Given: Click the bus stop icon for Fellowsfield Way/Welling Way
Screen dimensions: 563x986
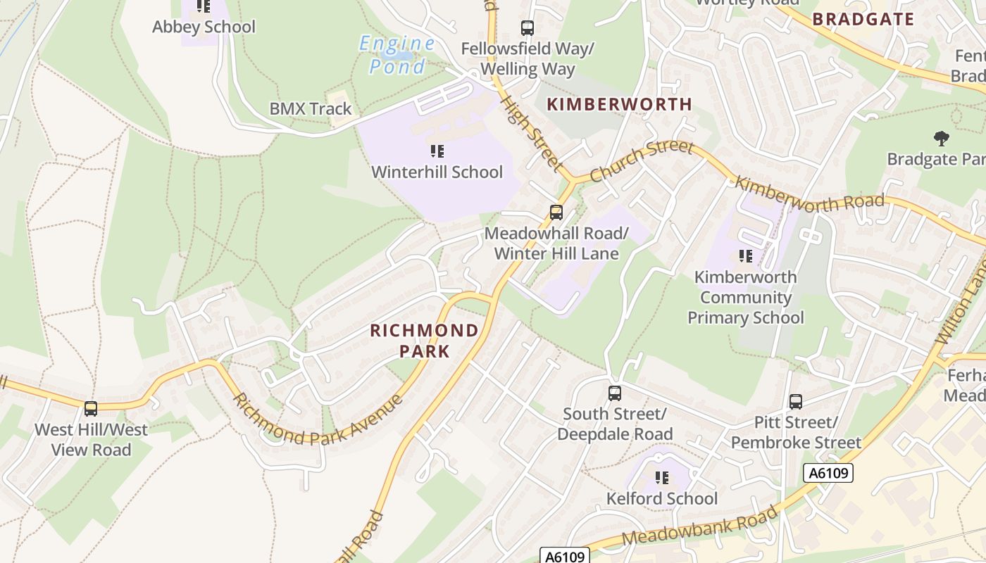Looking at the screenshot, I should click(527, 28).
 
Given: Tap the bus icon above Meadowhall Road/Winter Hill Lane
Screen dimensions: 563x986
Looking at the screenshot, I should click(556, 212).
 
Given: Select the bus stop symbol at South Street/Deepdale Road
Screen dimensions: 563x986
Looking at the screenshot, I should click(615, 393).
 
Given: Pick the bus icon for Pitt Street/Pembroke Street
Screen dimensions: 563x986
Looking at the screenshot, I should click(796, 402).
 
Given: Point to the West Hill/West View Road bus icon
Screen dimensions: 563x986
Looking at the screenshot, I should click(91, 408).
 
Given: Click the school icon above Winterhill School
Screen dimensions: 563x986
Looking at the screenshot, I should click(437, 151).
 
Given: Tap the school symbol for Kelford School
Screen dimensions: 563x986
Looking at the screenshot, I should click(662, 478).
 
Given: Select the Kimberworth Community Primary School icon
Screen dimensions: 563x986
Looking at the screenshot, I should click(745, 256).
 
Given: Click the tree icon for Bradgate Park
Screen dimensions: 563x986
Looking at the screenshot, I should click(940, 138).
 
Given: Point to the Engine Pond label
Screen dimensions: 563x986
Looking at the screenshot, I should click(397, 55).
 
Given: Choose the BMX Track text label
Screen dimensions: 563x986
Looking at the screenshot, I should click(311, 109).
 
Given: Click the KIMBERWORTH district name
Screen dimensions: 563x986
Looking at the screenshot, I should click(620, 105).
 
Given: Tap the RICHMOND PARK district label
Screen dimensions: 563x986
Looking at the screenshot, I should click(425, 340).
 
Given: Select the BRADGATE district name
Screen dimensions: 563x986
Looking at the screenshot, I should click(863, 19).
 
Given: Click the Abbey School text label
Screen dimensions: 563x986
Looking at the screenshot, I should click(204, 27).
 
